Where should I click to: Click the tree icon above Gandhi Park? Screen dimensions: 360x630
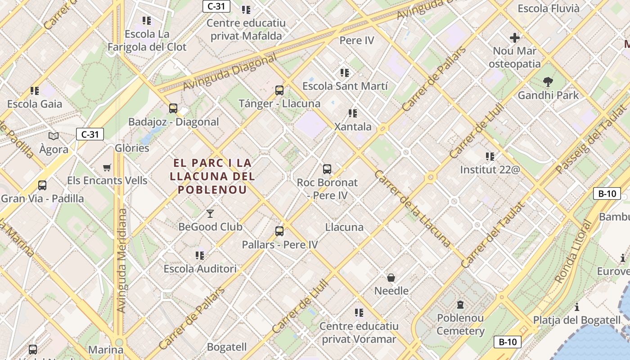[x=548, y=82]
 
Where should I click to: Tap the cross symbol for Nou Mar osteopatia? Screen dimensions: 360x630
[x=515, y=38]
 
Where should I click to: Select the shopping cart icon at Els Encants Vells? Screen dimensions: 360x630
[x=107, y=167]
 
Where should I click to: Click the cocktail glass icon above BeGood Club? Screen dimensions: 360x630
[x=210, y=213]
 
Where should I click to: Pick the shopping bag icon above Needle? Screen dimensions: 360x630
[x=391, y=278]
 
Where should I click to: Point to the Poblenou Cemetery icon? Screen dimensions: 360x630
[x=460, y=305]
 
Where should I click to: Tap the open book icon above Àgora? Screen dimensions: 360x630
[x=54, y=136]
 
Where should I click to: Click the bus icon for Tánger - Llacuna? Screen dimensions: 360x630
[x=279, y=90]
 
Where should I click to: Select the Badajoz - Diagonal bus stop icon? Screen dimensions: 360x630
[x=173, y=108]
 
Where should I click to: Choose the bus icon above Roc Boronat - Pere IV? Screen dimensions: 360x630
[x=327, y=169]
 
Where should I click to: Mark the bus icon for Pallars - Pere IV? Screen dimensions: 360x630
[x=279, y=231]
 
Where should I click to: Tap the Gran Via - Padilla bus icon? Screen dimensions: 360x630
[x=42, y=185]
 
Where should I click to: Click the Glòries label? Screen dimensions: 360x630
[x=132, y=148]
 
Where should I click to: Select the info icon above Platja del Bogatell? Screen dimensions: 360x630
[x=577, y=307]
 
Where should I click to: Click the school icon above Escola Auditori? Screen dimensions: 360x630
[x=200, y=256]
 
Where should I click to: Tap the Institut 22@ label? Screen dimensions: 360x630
[x=490, y=170]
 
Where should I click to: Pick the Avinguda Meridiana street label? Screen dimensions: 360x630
[x=121, y=261]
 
